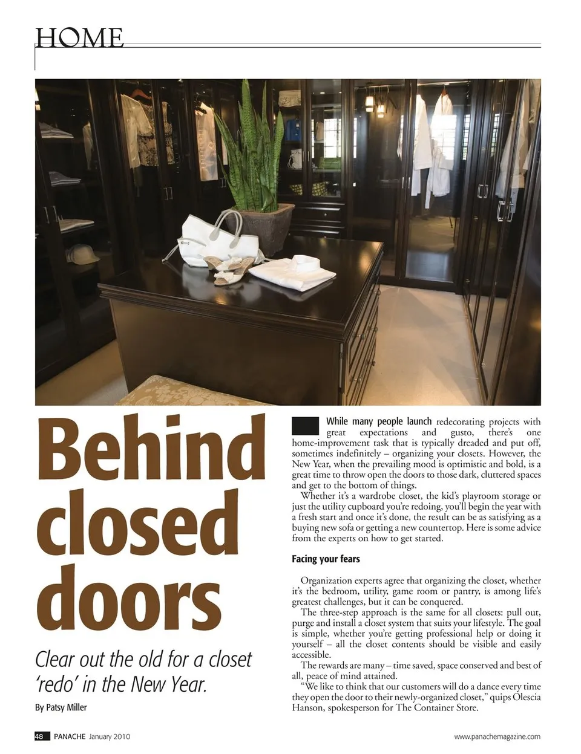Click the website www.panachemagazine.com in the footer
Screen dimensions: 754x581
pyautogui.click(x=497, y=736)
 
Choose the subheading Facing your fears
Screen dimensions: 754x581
pyautogui.click(x=326, y=559)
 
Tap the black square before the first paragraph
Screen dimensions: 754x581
pyautogui.click(x=305, y=426)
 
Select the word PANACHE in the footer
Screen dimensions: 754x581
pyautogui.click(x=69, y=736)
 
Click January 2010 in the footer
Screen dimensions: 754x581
pyautogui.click(x=110, y=736)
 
